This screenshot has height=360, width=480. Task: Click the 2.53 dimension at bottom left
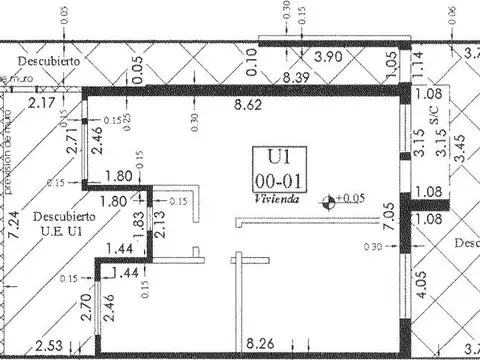(48, 347)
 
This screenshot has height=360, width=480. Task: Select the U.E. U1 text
(62, 232)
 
